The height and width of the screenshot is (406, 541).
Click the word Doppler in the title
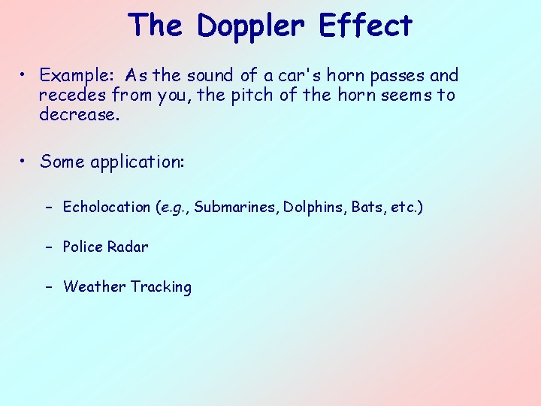coord(251,26)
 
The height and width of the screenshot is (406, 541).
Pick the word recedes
coord(74,95)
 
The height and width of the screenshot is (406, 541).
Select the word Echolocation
coord(107,207)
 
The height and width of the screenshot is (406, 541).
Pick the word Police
coord(84,247)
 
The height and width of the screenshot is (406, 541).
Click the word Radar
coord(129,247)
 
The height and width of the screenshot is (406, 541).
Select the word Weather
coord(94,286)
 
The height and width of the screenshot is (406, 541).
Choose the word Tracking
coord(161,286)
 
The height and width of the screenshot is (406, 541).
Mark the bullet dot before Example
coord(25,76)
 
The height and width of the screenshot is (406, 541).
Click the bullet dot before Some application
coord(25,162)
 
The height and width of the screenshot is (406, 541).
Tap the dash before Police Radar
coord(48,247)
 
